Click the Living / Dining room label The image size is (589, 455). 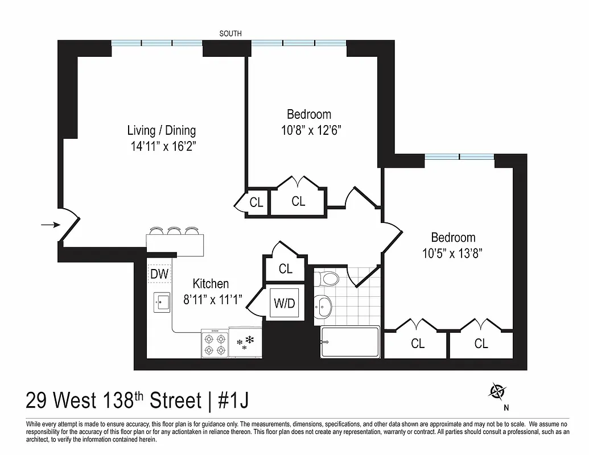click(161, 130)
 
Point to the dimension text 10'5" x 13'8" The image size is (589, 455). click(453, 253)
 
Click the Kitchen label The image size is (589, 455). click(211, 283)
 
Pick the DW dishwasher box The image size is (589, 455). click(160, 274)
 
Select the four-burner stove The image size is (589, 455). click(215, 344)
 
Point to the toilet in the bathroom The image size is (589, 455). click(328, 279)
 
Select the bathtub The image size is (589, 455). click(350, 342)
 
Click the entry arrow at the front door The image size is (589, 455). click(50, 225)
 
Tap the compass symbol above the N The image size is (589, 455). click(498, 391)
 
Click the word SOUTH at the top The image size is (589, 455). click(230, 34)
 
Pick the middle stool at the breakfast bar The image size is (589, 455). click(174, 231)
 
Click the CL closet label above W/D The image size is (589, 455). click(286, 268)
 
